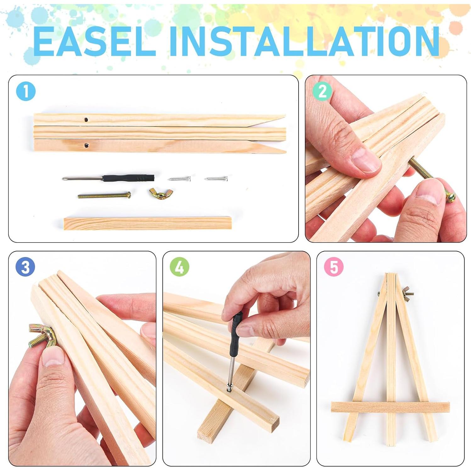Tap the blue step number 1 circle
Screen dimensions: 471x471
[x=26, y=92]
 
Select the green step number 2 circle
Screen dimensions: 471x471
[x=322, y=92]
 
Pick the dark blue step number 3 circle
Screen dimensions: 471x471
[x=25, y=267]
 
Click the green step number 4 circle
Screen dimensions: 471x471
[x=179, y=267]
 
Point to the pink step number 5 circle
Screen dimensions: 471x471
[x=334, y=267]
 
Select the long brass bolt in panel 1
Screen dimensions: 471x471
[x=104, y=195]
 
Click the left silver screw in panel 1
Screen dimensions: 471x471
[x=179, y=179]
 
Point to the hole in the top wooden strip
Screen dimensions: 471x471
[x=86, y=120]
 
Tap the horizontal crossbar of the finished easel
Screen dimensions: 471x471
[x=390, y=407]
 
